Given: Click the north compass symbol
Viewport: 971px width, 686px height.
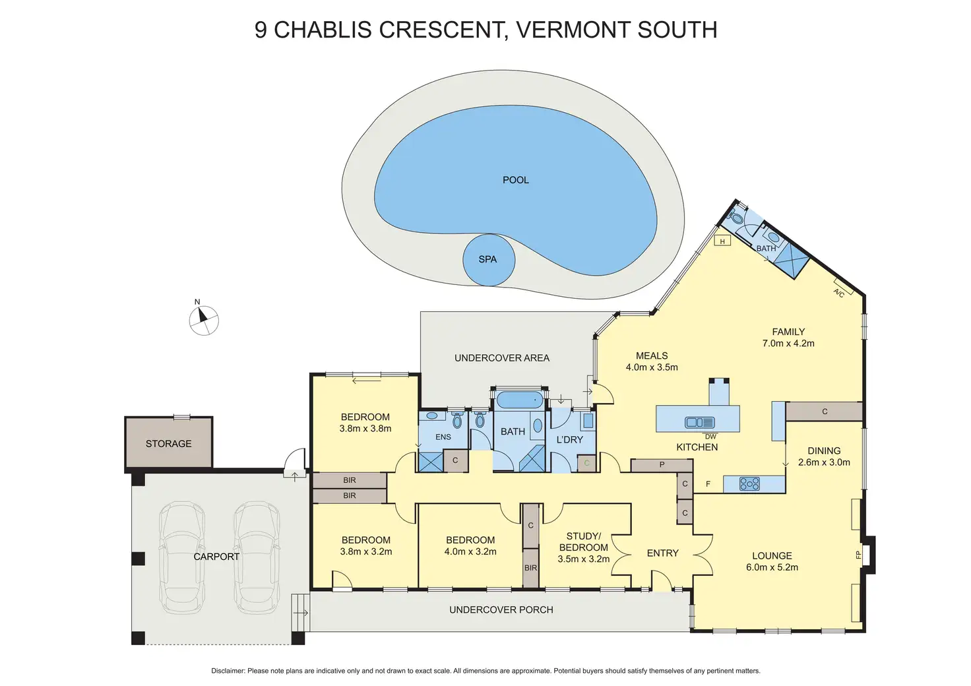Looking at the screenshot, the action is coord(204,321).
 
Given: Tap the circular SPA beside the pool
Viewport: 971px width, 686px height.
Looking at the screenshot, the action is coord(488,260).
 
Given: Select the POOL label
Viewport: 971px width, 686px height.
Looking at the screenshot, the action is coord(516,180).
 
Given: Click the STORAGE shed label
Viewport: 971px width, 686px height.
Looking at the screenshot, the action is coord(169,444).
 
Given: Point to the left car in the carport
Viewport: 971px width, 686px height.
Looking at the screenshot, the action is coord(181,557).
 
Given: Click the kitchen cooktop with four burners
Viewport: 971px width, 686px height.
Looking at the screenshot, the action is coord(749,484).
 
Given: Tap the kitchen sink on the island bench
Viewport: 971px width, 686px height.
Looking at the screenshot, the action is coord(699,423).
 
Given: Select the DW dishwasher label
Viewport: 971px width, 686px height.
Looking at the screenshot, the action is coord(710,437).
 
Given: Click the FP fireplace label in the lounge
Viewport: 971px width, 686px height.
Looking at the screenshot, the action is coord(858,555).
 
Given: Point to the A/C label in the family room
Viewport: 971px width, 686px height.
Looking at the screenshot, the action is coord(839,293).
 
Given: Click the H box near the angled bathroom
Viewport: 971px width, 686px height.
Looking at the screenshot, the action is coord(722,241).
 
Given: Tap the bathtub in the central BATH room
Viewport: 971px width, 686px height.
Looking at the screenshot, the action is coord(518,400).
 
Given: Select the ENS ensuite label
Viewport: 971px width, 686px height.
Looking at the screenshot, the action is coord(443,437).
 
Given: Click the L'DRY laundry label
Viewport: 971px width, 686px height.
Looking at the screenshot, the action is coord(570,439).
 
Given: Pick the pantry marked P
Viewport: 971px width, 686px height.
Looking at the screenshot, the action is coord(662,465).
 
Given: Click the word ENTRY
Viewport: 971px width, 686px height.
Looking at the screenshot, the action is coord(663,553).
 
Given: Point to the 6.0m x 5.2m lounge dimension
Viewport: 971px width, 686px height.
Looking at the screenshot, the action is coord(772,567).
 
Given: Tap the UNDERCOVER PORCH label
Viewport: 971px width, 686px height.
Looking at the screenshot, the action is coord(501,610).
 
